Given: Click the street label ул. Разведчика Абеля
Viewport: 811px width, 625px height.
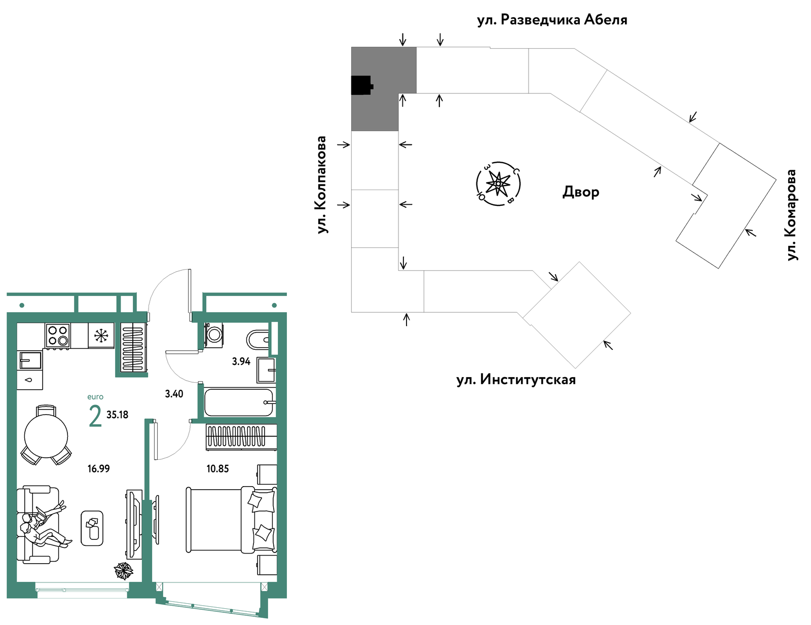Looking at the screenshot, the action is [x=552, y=20].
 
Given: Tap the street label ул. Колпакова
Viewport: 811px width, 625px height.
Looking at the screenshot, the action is [x=321, y=185].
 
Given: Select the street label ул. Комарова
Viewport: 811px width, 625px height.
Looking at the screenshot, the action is [x=791, y=215].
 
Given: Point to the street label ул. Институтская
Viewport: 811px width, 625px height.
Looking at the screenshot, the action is [x=516, y=380].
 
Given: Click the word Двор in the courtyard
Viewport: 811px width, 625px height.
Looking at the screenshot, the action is [x=581, y=192].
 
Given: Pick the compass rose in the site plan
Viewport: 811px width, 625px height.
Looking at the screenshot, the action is [x=498, y=183].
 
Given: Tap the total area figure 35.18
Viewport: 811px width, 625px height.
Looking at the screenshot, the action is [x=117, y=415].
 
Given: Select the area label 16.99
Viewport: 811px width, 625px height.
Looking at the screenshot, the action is [x=98, y=469].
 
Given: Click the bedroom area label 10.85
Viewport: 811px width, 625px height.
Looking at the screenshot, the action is [x=217, y=469].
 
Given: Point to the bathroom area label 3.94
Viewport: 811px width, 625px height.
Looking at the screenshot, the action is [x=241, y=361].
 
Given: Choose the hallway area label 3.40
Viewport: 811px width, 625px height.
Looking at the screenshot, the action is [x=174, y=394].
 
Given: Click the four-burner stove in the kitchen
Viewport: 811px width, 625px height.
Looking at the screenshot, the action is [x=57, y=336].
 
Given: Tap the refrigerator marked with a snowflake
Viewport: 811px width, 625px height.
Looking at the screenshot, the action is [x=101, y=336].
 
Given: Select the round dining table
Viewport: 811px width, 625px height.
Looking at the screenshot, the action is [x=46, y=436].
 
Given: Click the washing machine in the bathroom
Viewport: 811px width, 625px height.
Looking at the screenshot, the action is [x=214, y=335].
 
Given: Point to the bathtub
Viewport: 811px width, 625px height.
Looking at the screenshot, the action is [x=239, y=402].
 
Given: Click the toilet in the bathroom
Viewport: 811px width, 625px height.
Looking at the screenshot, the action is [x=257, y=340].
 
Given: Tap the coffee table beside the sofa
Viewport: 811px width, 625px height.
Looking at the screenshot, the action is [x=92, y=528].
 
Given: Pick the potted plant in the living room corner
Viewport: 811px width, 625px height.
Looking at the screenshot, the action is [x=124, y=571].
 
